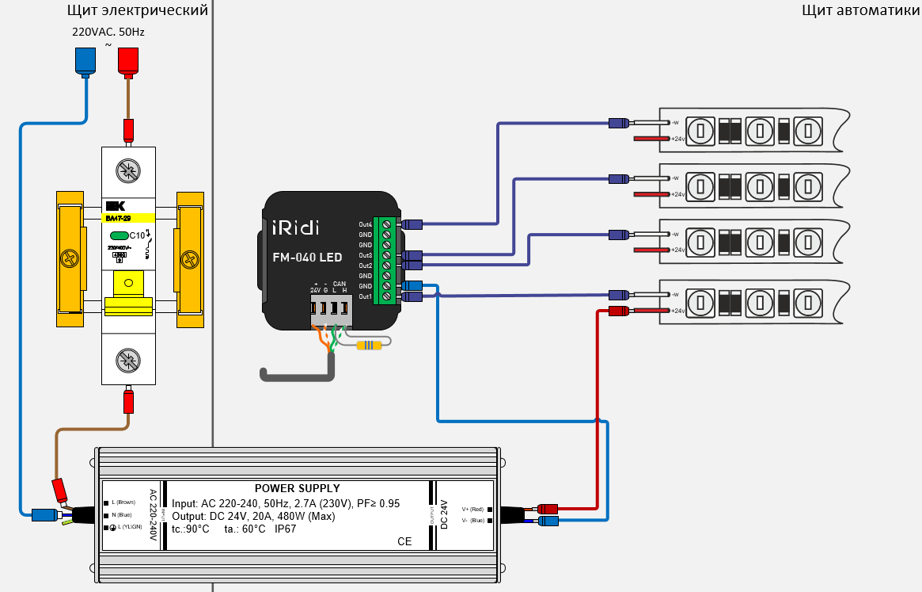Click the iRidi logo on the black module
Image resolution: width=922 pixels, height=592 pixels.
coord(296,227)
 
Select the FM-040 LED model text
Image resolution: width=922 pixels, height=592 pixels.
coord(307,258)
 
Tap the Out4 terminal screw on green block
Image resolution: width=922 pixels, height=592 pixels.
coord(386,224)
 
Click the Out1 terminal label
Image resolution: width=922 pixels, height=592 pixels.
coord(365,296)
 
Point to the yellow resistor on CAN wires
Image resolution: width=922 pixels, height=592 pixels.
coord(369,345)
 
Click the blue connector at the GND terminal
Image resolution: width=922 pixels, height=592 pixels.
coord(412,285)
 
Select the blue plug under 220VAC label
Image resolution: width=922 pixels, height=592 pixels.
coord(84,61)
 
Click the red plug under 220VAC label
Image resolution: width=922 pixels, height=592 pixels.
coord(127,61)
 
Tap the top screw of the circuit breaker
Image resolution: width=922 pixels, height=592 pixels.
coord(127,170)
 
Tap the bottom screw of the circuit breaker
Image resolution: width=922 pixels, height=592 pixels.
coord(127,361)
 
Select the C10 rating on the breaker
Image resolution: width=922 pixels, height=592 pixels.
coord(137,235)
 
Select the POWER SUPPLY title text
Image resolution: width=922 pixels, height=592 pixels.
coord(297,488)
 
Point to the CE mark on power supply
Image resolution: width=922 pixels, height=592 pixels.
coord(404,541)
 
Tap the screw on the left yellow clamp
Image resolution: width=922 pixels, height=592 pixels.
coord(69,259)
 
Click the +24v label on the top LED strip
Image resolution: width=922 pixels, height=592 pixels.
coord(677,139)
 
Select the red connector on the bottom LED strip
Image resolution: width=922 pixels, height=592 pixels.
coord(618,311)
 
